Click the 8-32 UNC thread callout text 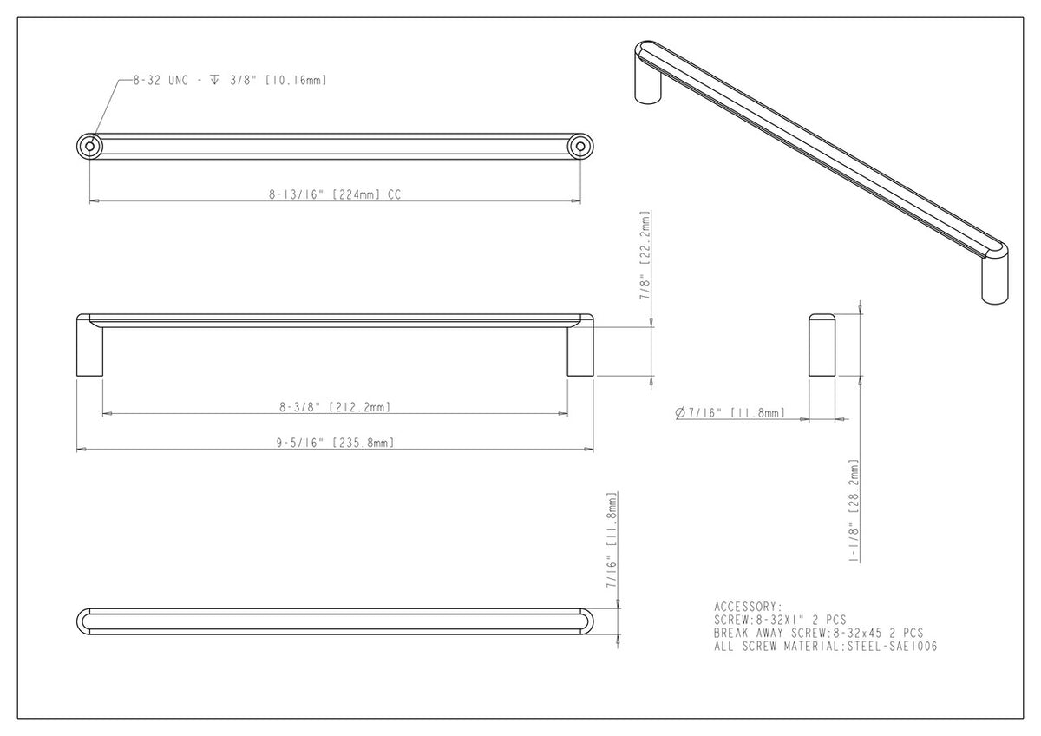pos(229,80)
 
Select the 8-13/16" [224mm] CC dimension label pos(334,195)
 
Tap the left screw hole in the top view pos(89,147)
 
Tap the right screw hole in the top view pos(580,147)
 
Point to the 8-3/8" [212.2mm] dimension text pos(334,406)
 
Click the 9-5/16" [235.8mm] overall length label pos(334,443)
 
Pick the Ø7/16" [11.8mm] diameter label pos(730,413)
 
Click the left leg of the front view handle pos(90,351)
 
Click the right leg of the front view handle pos(580,351)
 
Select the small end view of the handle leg pos(822,345)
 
